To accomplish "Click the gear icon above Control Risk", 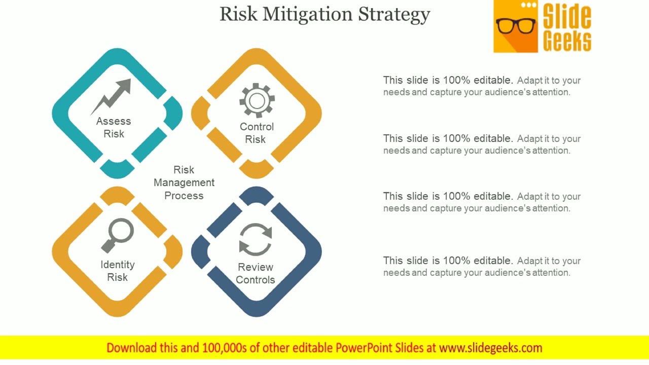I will click(x=257, y=100).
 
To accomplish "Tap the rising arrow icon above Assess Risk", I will click(x=112, y=96).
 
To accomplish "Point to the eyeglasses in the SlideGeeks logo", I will click(x=516, y=25).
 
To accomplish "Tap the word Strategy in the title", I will click(x=394, y=14).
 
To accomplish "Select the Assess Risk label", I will click(x=114, y=127).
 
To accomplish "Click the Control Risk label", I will click(x=257, y=133).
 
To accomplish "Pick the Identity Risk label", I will click(x=117, y=271).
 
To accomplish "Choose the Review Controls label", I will click(x=256, y=273).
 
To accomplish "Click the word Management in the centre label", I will click(x=184, y=182).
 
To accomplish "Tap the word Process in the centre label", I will click(x=184, y=196).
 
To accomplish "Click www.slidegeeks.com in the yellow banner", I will click(x=490, y=348).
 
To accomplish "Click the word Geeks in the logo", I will click(x=567, y=41).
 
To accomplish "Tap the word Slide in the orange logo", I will click(x=567, y=17).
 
